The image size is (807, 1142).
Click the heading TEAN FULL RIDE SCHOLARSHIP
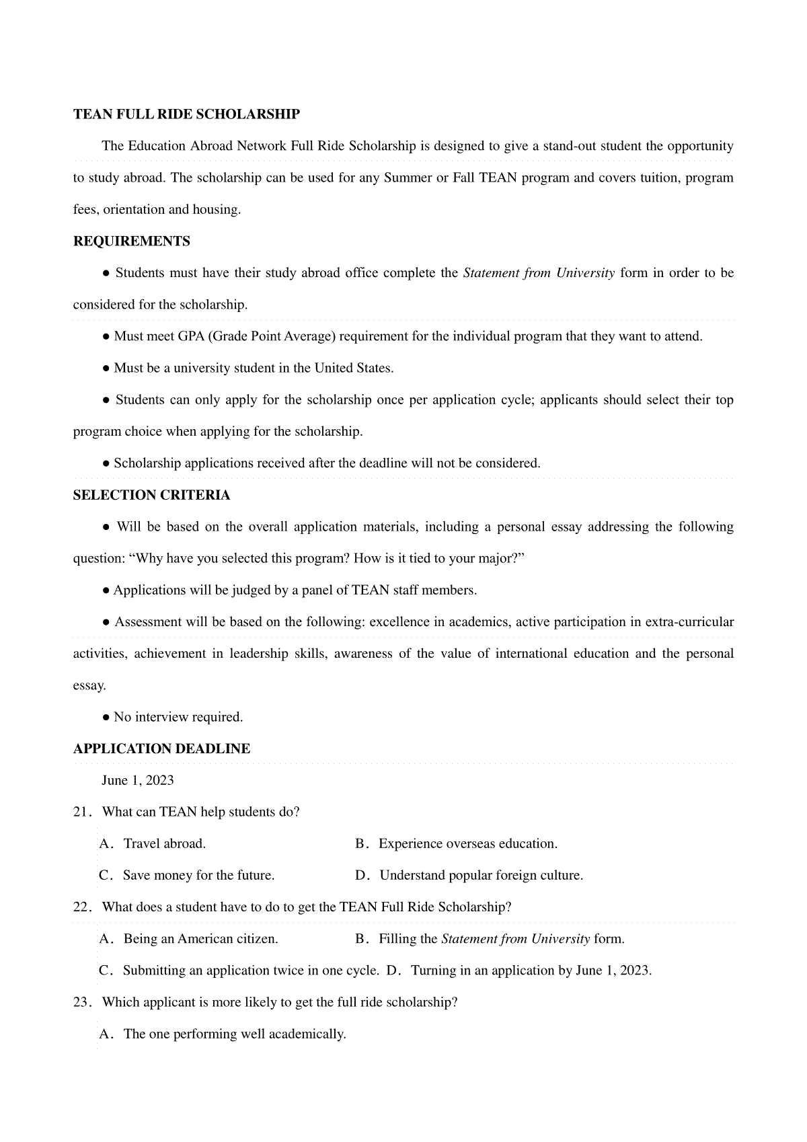pos(186,114)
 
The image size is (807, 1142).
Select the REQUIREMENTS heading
pos(132,241)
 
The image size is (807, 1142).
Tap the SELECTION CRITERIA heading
pos(151,496)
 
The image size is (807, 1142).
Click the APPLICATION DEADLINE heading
pos(161,749)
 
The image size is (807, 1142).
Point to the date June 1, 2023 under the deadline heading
pos(138,780)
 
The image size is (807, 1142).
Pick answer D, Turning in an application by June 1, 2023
pos(531,970)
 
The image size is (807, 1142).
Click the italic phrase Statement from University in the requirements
pos(539,273)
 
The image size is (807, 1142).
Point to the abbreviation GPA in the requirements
pos(191,336)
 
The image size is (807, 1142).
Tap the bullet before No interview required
pos(106,718)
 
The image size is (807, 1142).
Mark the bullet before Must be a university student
pos(106,369)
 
